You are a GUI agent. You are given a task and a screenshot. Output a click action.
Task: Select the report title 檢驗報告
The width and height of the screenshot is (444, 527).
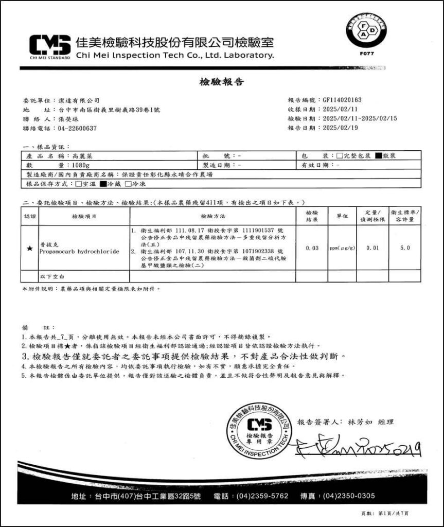(221, 82)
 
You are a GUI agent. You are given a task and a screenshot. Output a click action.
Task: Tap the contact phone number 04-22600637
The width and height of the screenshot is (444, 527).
(77, 128)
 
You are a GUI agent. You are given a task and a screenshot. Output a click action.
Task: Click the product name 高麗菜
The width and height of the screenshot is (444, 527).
(82, 155)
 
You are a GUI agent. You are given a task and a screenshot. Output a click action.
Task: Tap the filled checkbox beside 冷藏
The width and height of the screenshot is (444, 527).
(102, 184)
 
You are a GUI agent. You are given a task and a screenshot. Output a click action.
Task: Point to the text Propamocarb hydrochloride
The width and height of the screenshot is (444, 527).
(79, 251)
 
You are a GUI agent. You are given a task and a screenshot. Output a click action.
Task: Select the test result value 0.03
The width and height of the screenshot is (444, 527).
(312, 248)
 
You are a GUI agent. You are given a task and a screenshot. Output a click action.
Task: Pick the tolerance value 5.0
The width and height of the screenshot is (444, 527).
(405, 248)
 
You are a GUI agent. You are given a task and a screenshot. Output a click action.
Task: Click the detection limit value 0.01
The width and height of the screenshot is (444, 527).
(372, 248)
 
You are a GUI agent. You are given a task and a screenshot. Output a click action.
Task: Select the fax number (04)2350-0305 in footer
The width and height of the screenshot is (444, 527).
(350, 496)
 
